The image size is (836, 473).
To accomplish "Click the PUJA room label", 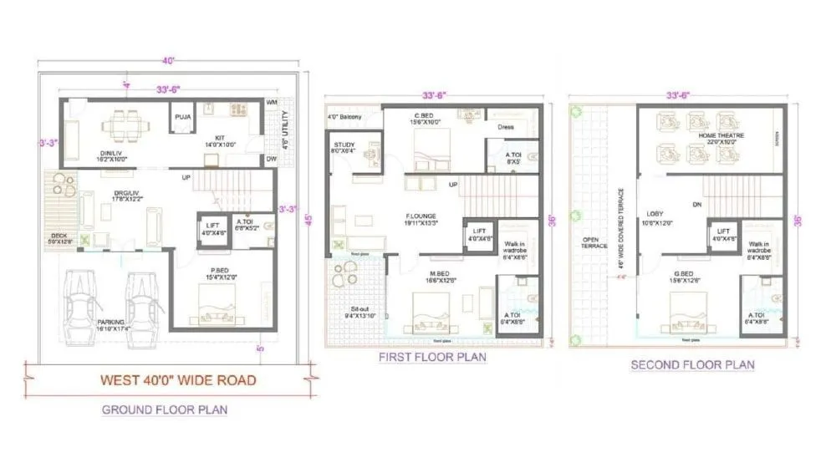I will coord(182,118).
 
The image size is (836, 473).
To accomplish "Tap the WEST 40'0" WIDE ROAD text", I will coord(178,379).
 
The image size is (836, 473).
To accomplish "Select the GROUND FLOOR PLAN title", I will coord(165,409).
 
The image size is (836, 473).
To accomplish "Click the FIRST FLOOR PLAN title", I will coord(432,357).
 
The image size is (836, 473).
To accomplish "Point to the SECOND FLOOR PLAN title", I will coord(692,364).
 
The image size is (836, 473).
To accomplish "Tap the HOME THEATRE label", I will coord(721,135).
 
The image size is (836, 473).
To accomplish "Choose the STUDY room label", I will coord(344,145).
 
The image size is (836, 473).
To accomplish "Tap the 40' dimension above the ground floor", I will coord(168,61).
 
